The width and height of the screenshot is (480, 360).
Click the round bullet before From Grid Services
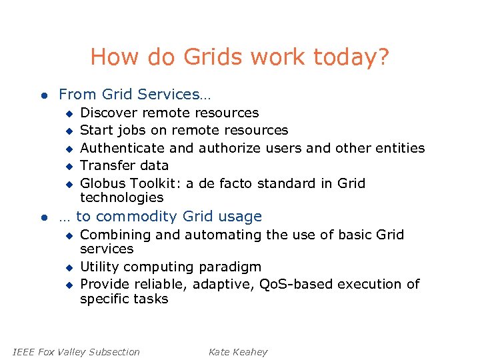(43, 95)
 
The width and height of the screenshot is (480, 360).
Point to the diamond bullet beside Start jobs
(67, 131)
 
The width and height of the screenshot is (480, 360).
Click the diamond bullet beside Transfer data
(67, 166)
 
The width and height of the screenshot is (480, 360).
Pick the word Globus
(103, 183)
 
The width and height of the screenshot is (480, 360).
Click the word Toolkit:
(155, 183)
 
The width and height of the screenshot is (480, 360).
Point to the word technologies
(121, 197)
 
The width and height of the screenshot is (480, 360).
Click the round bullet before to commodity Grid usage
(43, 217)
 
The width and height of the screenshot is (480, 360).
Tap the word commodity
(137, 217)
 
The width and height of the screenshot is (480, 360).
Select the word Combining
(115, 235)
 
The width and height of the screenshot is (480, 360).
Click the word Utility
(99, 267)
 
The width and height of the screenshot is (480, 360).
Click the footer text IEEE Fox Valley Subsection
(77, 351)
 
